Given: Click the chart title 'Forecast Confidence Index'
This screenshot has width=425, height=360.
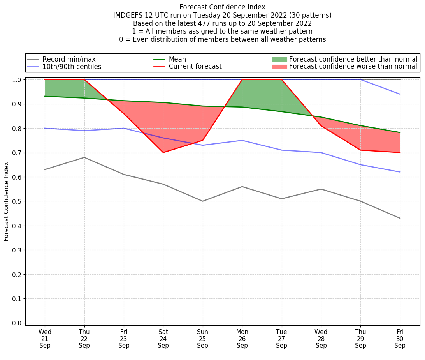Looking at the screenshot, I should pos(222,7).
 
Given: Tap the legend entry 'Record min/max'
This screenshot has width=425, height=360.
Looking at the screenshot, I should pos(69,59).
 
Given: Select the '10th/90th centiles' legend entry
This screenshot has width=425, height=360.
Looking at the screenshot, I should pos(72,67).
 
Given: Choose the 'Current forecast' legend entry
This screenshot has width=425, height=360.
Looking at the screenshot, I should pos(195,66).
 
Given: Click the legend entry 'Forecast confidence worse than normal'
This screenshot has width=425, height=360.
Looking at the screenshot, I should pos(353,66).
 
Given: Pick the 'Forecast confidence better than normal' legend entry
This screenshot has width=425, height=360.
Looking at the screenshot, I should pos(353,59).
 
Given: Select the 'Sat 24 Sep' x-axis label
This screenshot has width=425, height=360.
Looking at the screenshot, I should pos(163,338).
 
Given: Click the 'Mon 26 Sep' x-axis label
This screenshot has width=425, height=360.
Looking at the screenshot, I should pos(242,338).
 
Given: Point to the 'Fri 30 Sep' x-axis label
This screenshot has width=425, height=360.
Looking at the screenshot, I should pos(400,338).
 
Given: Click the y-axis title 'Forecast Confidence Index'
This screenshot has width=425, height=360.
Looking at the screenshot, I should pos(6,201).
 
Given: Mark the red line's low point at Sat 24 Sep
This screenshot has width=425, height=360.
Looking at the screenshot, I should pos(163,152).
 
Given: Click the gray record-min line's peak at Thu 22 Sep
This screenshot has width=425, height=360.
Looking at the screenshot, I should pos(84,157).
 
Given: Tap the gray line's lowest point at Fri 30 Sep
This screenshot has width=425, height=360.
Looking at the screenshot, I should pos(400,218).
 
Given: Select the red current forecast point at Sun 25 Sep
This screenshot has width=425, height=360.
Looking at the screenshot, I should pos(202,140).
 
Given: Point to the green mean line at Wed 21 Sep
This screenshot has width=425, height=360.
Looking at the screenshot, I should pos(45,96).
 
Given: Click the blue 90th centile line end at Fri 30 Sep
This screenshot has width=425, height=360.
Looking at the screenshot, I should pos(400,94).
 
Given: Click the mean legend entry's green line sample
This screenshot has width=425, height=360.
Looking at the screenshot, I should pos(160,59).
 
